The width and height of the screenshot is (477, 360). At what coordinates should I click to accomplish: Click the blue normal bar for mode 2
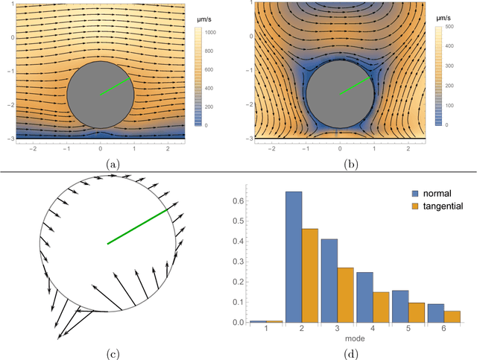tap(294, 257)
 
